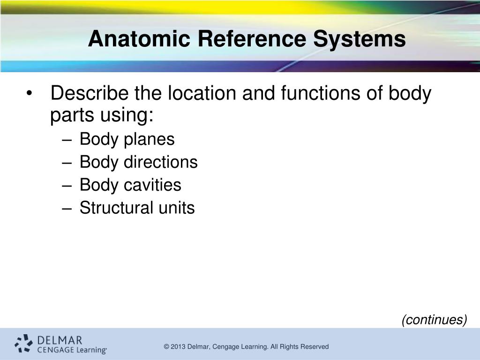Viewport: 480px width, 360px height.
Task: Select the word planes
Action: [149, 140]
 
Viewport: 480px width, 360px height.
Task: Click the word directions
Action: [160, 162]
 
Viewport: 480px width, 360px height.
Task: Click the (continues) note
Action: [434, 320]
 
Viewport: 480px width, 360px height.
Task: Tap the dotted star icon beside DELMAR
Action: [23, 343]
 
